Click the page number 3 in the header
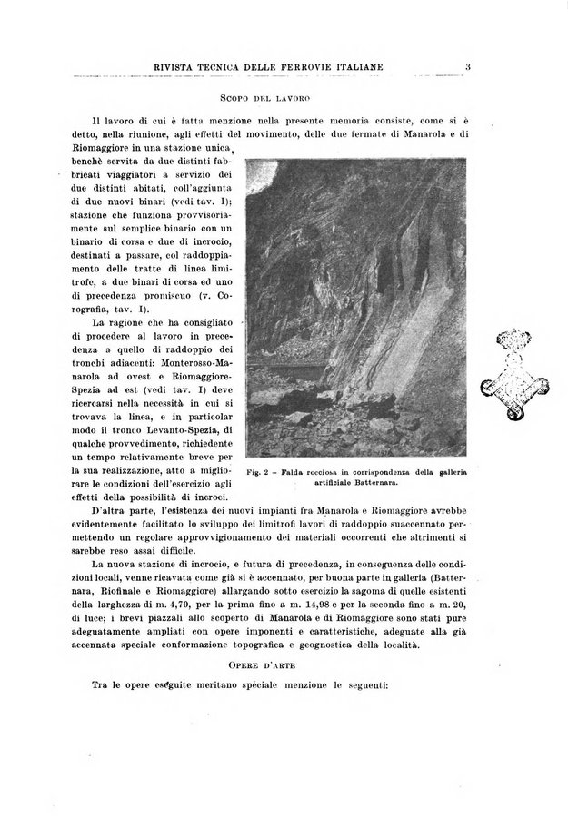pos(465,65)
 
